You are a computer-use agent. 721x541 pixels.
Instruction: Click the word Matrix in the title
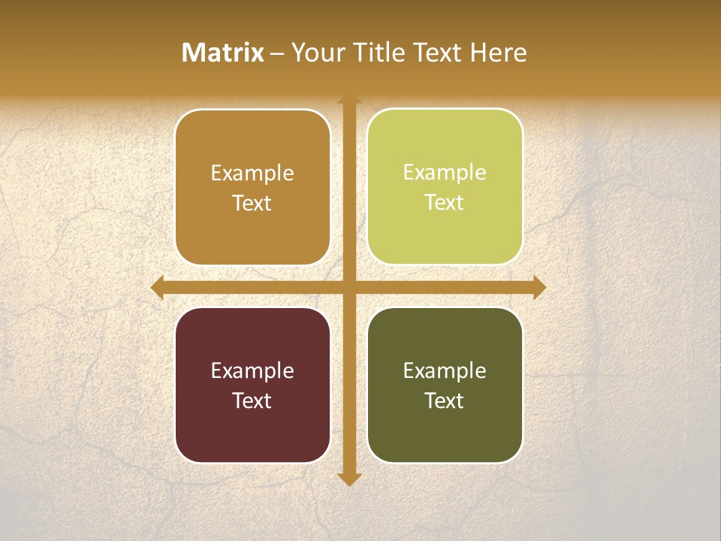point(223,53)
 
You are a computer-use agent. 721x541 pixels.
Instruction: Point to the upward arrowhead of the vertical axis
point(349,99)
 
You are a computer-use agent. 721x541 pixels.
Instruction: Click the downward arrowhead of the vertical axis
point(349,479)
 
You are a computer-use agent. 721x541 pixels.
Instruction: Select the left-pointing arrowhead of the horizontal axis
point(157,288)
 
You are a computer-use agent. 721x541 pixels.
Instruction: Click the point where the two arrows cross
point(349,288)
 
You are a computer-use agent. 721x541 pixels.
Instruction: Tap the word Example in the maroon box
point(252,370)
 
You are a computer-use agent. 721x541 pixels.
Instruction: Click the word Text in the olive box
point(445,400)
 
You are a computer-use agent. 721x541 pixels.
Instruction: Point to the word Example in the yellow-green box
point(445,173)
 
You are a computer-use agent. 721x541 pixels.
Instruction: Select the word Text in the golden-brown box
point(252,204)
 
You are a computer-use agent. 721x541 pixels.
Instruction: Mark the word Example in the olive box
point(445,370)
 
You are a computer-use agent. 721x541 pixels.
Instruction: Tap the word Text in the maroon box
point(252,400)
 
